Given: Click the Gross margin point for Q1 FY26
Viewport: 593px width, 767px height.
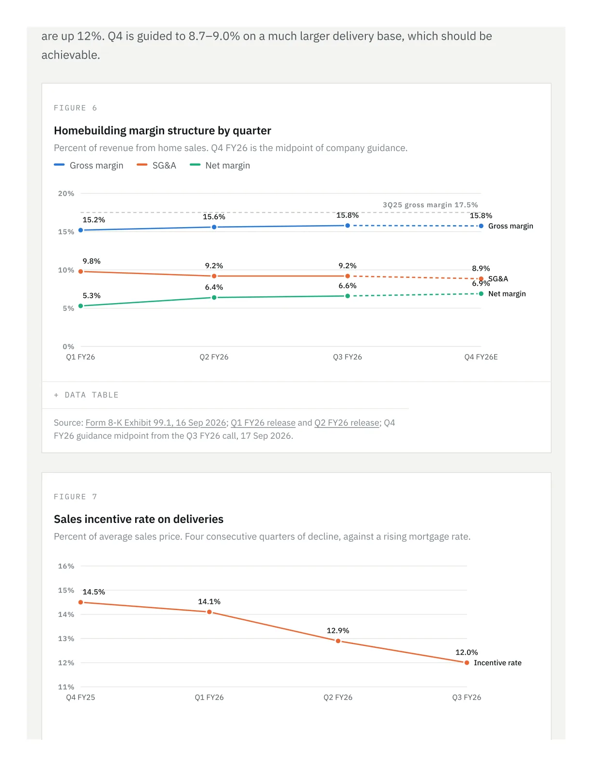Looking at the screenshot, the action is (80, 230).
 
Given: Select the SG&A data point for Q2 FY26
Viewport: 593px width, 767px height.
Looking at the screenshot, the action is (214, 276).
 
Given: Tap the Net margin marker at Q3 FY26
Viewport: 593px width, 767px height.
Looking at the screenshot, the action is (347, 296).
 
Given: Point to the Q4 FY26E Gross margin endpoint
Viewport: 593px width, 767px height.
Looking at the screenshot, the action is (481, 226).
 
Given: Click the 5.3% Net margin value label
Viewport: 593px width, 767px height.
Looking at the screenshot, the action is (92, 295).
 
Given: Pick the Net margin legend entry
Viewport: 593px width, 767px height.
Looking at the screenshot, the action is (219, 165).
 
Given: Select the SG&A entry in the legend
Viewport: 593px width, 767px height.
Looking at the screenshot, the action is (156, 165).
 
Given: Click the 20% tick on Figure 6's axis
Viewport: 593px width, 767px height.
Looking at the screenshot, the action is (66, 193).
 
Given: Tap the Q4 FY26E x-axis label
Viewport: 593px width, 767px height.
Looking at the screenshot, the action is (481, 357).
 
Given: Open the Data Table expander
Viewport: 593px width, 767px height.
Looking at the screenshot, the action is (86, 395).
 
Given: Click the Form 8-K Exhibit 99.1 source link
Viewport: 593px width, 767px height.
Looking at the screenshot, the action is (156, 423).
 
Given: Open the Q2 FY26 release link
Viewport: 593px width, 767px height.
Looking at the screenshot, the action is (347, 423).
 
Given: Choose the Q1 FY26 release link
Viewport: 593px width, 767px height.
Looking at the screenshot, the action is (263, 423).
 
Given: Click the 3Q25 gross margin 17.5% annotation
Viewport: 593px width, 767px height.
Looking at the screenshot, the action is (430, 205).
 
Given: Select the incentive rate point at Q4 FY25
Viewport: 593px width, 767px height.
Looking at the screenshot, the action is (80, 602).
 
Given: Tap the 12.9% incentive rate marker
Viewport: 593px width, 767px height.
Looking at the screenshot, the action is (338, 641).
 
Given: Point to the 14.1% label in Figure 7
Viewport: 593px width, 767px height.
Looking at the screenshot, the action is (209, 601).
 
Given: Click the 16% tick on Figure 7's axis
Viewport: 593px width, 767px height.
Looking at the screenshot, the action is (66, 566).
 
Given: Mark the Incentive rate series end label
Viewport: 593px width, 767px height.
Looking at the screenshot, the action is (498, 663).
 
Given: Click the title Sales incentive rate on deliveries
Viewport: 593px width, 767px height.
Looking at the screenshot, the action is (139, 519).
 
